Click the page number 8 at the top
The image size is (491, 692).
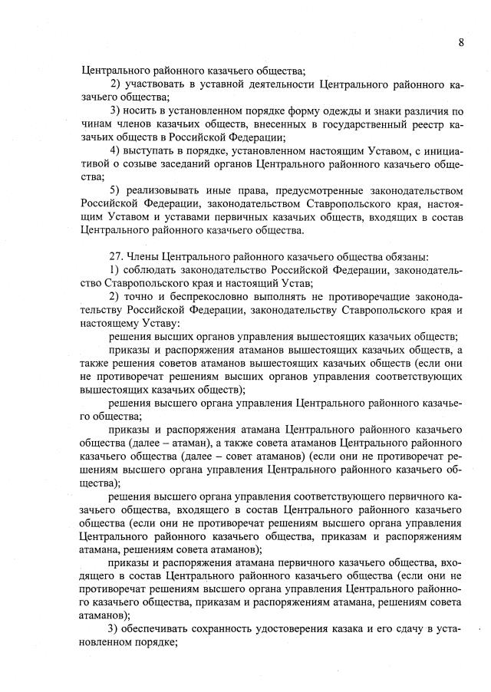click(x=461, y=42)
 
